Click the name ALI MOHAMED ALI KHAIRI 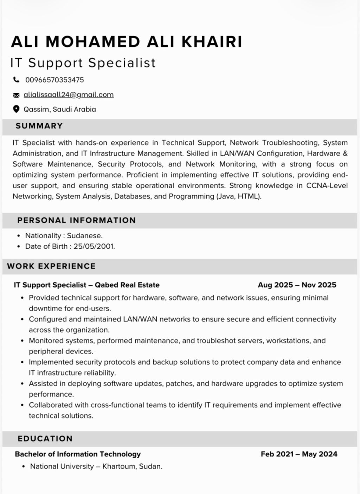point(127,41)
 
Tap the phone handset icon point(16,80)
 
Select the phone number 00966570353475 point(54,80)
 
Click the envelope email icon point(16,95)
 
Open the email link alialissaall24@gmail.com point(69,95)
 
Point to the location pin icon point(16,109)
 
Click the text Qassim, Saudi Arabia point(60,109)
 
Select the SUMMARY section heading point(39,126)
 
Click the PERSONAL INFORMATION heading point(76,220)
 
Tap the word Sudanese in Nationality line point(84,236)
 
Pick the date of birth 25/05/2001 point(94,246)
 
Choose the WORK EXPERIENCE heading point(51,266)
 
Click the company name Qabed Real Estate point(127,285)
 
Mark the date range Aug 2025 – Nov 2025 point(297,285)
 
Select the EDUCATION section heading point(45,438)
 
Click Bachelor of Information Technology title point(78,454)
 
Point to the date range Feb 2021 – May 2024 point(299,454)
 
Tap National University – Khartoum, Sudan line point(96,467)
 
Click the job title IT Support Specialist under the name point(83,63)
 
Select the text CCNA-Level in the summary point(327,186)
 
